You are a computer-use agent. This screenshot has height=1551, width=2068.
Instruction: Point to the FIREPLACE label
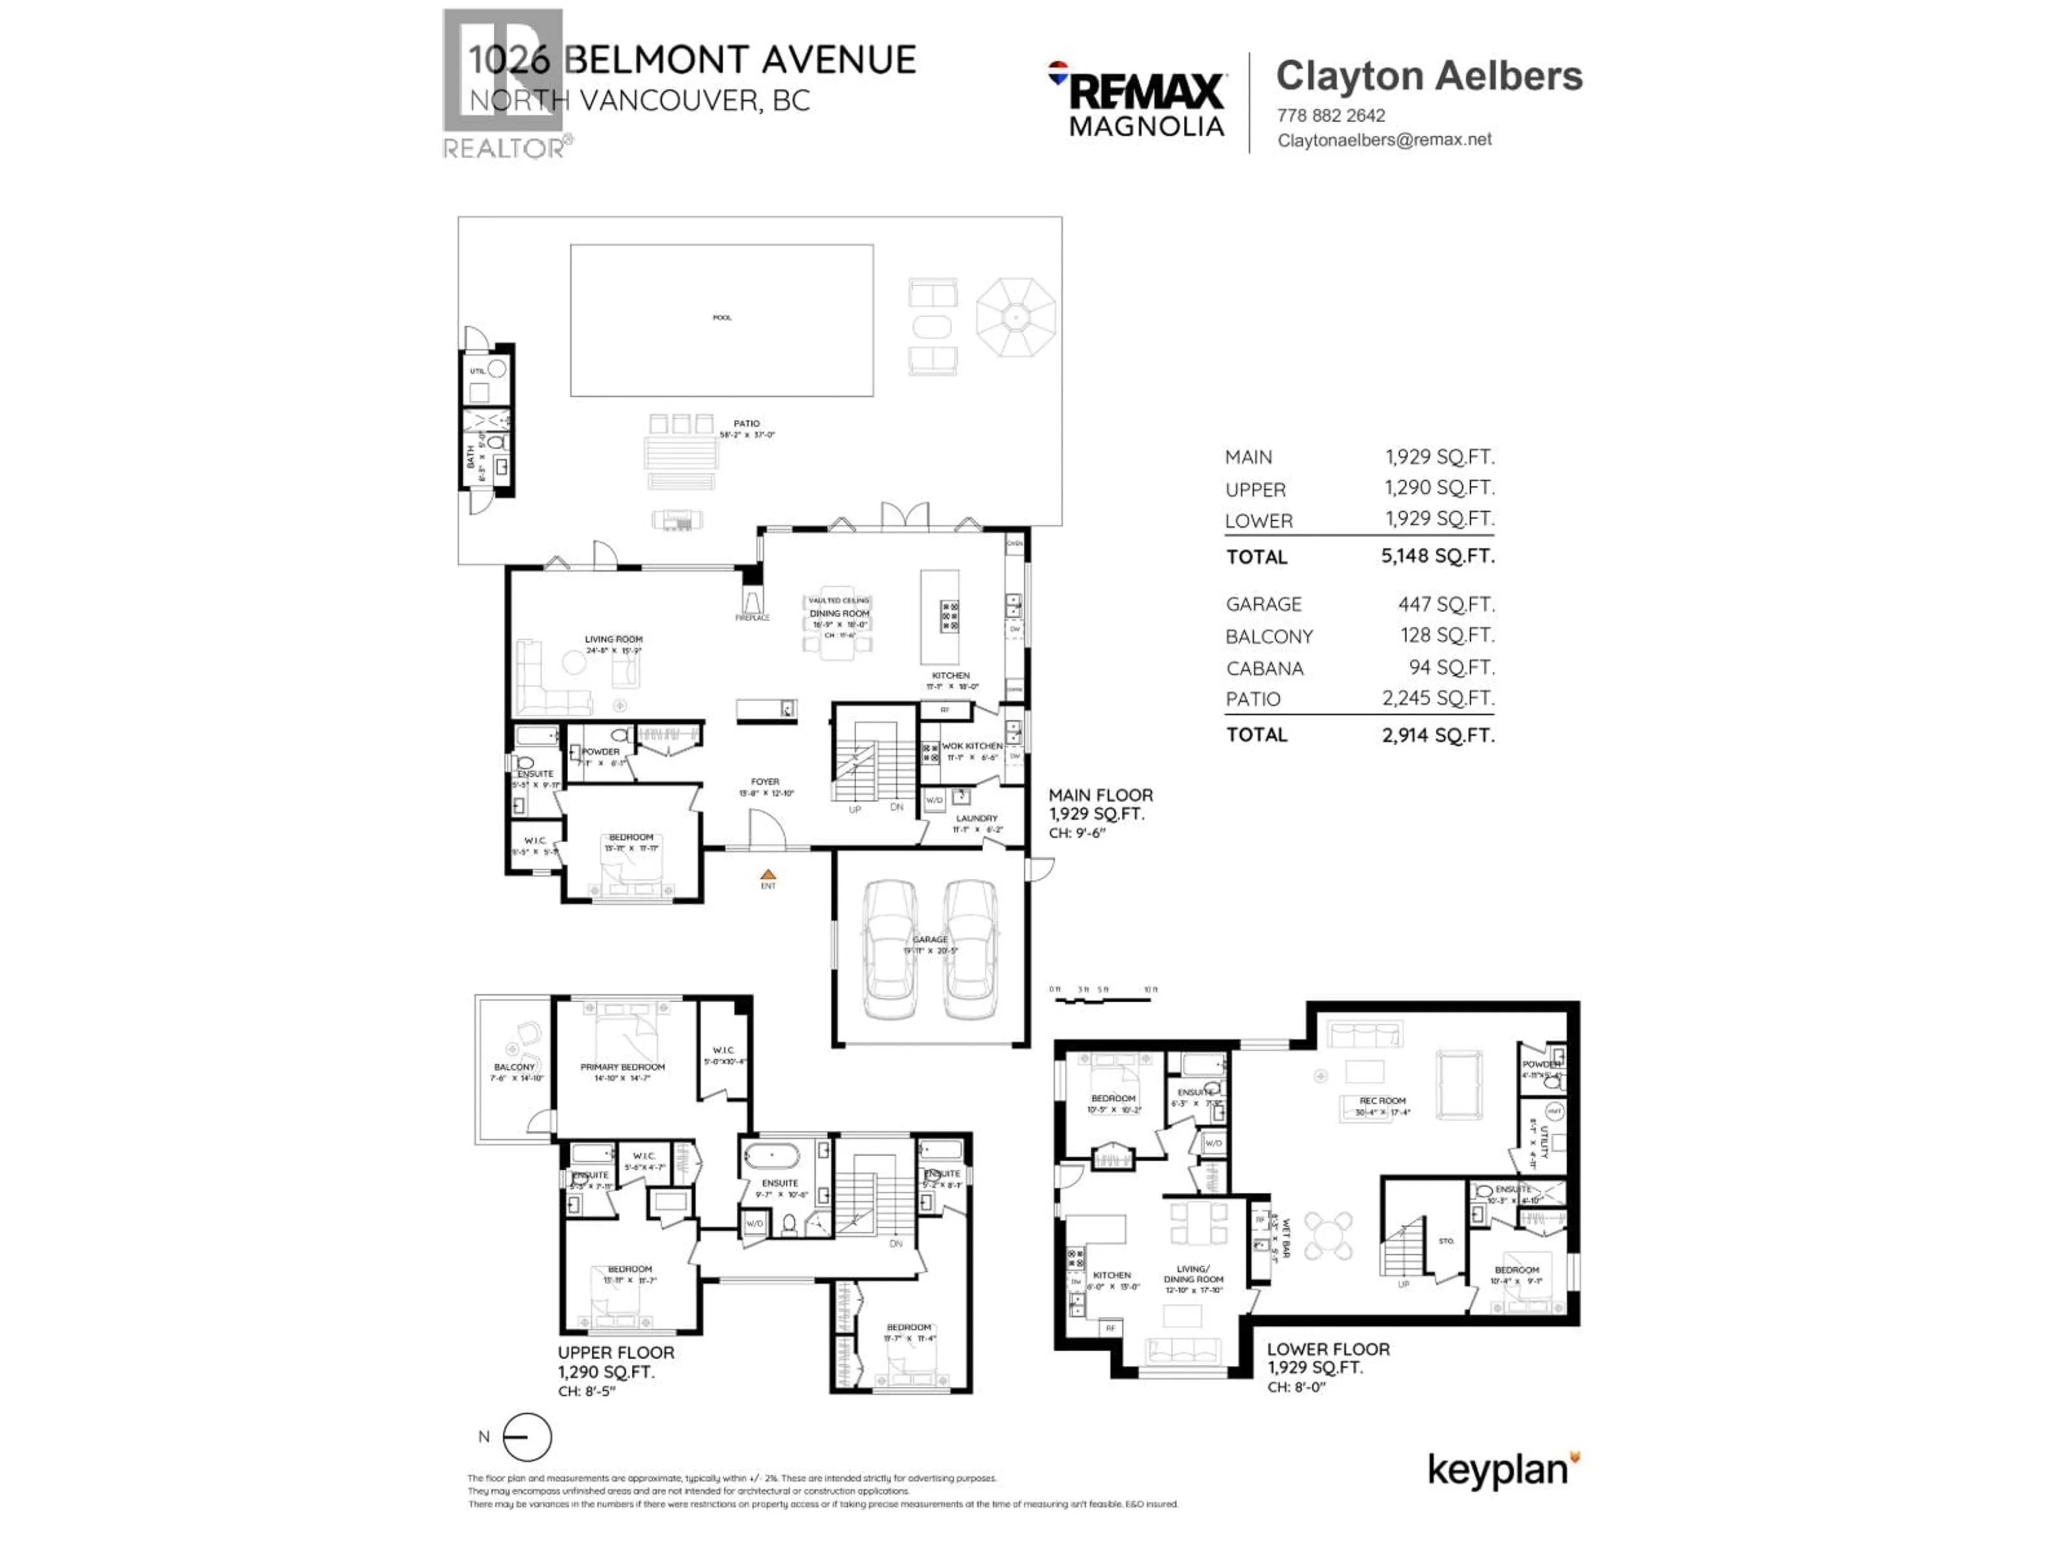[x=752, y=618]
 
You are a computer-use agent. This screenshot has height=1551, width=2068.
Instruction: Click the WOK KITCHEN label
[x=972, y=746]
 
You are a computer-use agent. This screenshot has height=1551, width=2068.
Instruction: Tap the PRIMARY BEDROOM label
[x=623, y=1067]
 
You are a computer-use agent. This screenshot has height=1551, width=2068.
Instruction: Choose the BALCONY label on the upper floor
[x=514, y=1067]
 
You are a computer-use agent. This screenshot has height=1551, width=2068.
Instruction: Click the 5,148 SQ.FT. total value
[x=1437, y=556]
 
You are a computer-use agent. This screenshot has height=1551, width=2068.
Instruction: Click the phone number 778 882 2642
[x=1330, y=116]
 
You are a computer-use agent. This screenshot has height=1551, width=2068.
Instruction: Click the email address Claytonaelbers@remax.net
[x=1384, y=140]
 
